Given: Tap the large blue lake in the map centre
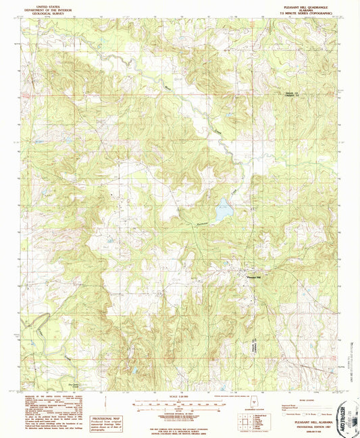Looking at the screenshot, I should [224, 212].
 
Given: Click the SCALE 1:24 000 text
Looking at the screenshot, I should [179, 396].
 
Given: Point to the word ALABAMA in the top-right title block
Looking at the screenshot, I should [304, 9].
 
